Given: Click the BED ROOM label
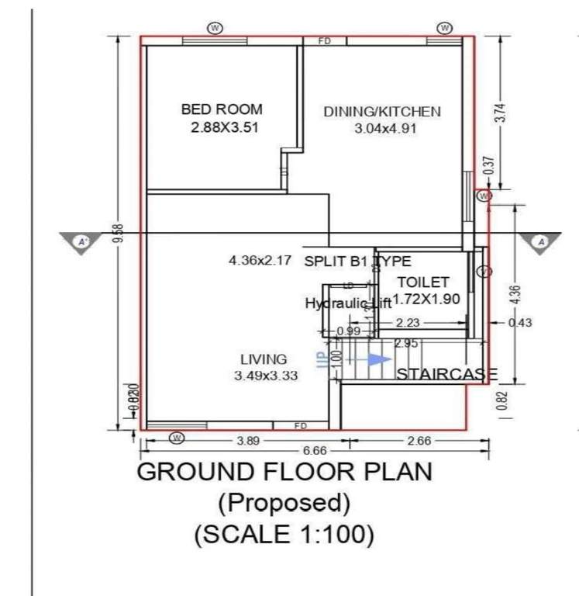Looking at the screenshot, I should [x=222, y=109].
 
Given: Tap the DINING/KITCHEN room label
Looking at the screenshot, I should [x=382, y=112].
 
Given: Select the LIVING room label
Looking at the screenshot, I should [x=264, y=359].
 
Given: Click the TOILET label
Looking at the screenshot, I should [x=423, y=282].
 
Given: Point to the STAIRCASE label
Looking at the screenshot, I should [x=446, y=375].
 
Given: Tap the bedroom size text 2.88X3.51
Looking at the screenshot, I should [x=224, y=127].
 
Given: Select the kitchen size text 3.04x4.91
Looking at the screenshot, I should [x=385, y=129].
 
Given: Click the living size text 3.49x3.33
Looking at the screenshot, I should [x=267, y=376].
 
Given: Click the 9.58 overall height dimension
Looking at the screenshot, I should [x=118, y=233].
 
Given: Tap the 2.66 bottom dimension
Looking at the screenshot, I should [x=419, y=440].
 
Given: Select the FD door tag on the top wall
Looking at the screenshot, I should [x=325, y=41].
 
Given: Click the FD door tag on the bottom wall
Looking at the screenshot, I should [x=301, y=425].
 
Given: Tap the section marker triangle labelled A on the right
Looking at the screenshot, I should [x=542, y=242].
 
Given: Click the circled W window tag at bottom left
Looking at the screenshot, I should [x=177, y=438].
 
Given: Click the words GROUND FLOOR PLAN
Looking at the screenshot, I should [x=284, y=472].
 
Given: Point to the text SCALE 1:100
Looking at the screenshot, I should [x=284, y=534].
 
